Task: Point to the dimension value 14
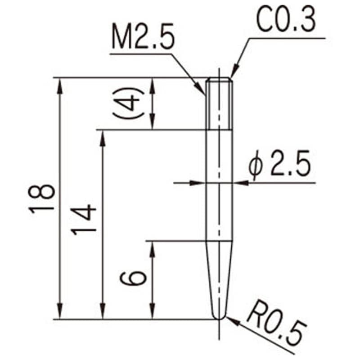(84, 218)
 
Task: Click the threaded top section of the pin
(219, 103)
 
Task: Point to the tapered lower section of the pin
(219, 279)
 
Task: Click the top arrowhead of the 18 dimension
(59, 83)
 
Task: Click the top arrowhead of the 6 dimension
(153, 247)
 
